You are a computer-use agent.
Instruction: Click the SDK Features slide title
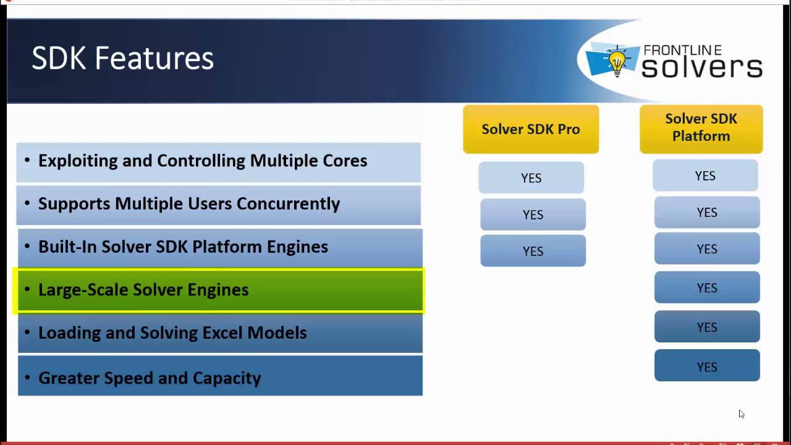pos(122,59)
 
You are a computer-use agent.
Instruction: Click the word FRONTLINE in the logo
pos(682,51)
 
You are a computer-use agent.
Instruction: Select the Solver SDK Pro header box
pos(530,129)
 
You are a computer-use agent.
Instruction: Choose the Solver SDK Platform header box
pos(701,128)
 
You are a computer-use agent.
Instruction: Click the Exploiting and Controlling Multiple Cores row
pos(218,161)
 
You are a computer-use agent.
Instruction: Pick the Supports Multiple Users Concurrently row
pos(218,204)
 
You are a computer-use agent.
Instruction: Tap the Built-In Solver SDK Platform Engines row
pos(219,247)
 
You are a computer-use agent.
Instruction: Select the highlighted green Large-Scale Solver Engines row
pos(219,290)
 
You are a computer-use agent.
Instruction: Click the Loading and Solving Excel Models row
pos(219,333)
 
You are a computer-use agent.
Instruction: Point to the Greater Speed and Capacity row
pos(219,377)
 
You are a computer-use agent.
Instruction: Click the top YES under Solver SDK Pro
pos(531,178)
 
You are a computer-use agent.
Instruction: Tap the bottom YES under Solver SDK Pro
pos(533,251)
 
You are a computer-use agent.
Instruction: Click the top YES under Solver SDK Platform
pos(704,176)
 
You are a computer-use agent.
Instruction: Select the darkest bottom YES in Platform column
pos(707,367)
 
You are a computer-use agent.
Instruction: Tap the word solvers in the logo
pos(701,67)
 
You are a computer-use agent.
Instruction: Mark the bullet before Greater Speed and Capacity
pos(27,377)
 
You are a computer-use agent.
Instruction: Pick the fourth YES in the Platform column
pos(707,287)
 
